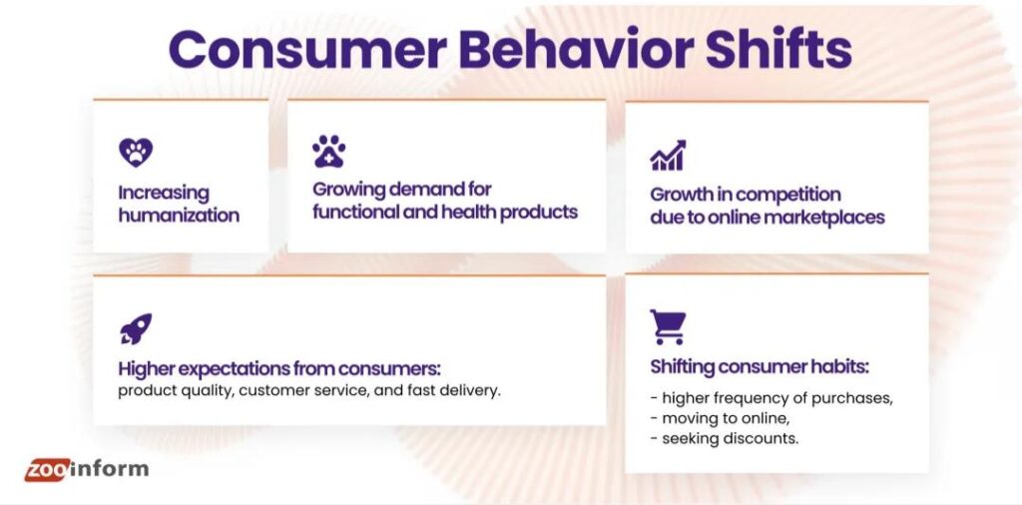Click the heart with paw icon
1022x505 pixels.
click(x=136, y=153)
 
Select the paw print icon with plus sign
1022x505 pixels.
click(x=328, y=152)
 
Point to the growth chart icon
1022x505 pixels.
click(x=668, y=155)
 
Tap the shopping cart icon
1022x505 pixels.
click(x=668, y=326)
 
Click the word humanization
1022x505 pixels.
click(x=179, y=215)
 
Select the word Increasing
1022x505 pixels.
click(x=164, y=193)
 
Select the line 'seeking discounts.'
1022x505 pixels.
click(x=730, y=438)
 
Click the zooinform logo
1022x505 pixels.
click(x=86, y=469)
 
